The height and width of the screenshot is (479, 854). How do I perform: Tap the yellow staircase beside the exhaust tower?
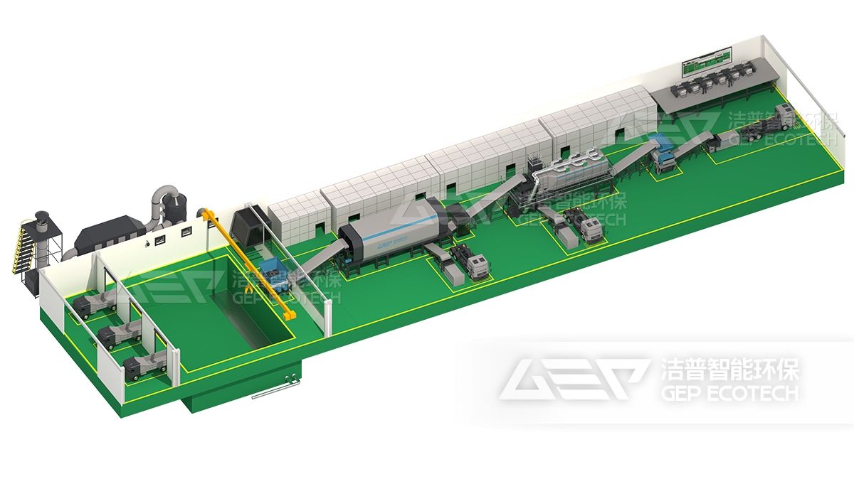[19, 247]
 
